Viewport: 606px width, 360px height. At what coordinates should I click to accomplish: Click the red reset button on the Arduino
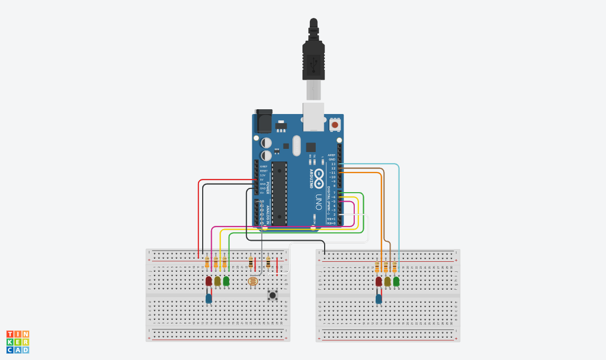pyautogui.click(x=335, y=125)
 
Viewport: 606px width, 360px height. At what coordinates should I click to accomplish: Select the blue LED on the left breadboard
pyautogui.click(x=209, y=299)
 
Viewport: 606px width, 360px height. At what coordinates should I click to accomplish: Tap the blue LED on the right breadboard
pyautogui.click(x=378, y=299)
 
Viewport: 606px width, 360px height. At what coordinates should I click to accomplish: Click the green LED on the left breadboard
pyautogui.click(x=226, y=281)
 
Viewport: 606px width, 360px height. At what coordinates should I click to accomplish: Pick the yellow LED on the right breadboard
pyautogui.click(x=387, y=281)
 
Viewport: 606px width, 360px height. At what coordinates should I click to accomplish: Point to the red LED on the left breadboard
pyautogui.click(x=209, y=281)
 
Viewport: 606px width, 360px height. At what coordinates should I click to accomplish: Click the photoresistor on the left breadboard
pyautogui.click(x=253, y=281)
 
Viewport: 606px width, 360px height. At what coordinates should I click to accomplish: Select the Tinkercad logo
pyautogui.click(x=17, y=342)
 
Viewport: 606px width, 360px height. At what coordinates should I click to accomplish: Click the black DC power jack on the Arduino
pyautogui.click(x=263, y=122)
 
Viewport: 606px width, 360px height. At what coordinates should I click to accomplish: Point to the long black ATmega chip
pyautogui.click(x=280, y=193)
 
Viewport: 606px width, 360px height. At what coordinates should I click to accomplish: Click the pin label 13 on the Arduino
pyautogui.click(x=333, y=164)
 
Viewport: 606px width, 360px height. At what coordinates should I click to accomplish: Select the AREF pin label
pyautogui.click(x=332, y=155)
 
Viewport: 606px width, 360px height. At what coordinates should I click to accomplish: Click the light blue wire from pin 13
pyautogui.click(x=399, y=211)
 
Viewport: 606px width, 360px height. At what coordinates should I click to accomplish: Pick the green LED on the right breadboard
pyautogui.click(x=396, y=281)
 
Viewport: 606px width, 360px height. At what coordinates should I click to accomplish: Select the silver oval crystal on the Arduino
pyautogui.click(x=296, y=146)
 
